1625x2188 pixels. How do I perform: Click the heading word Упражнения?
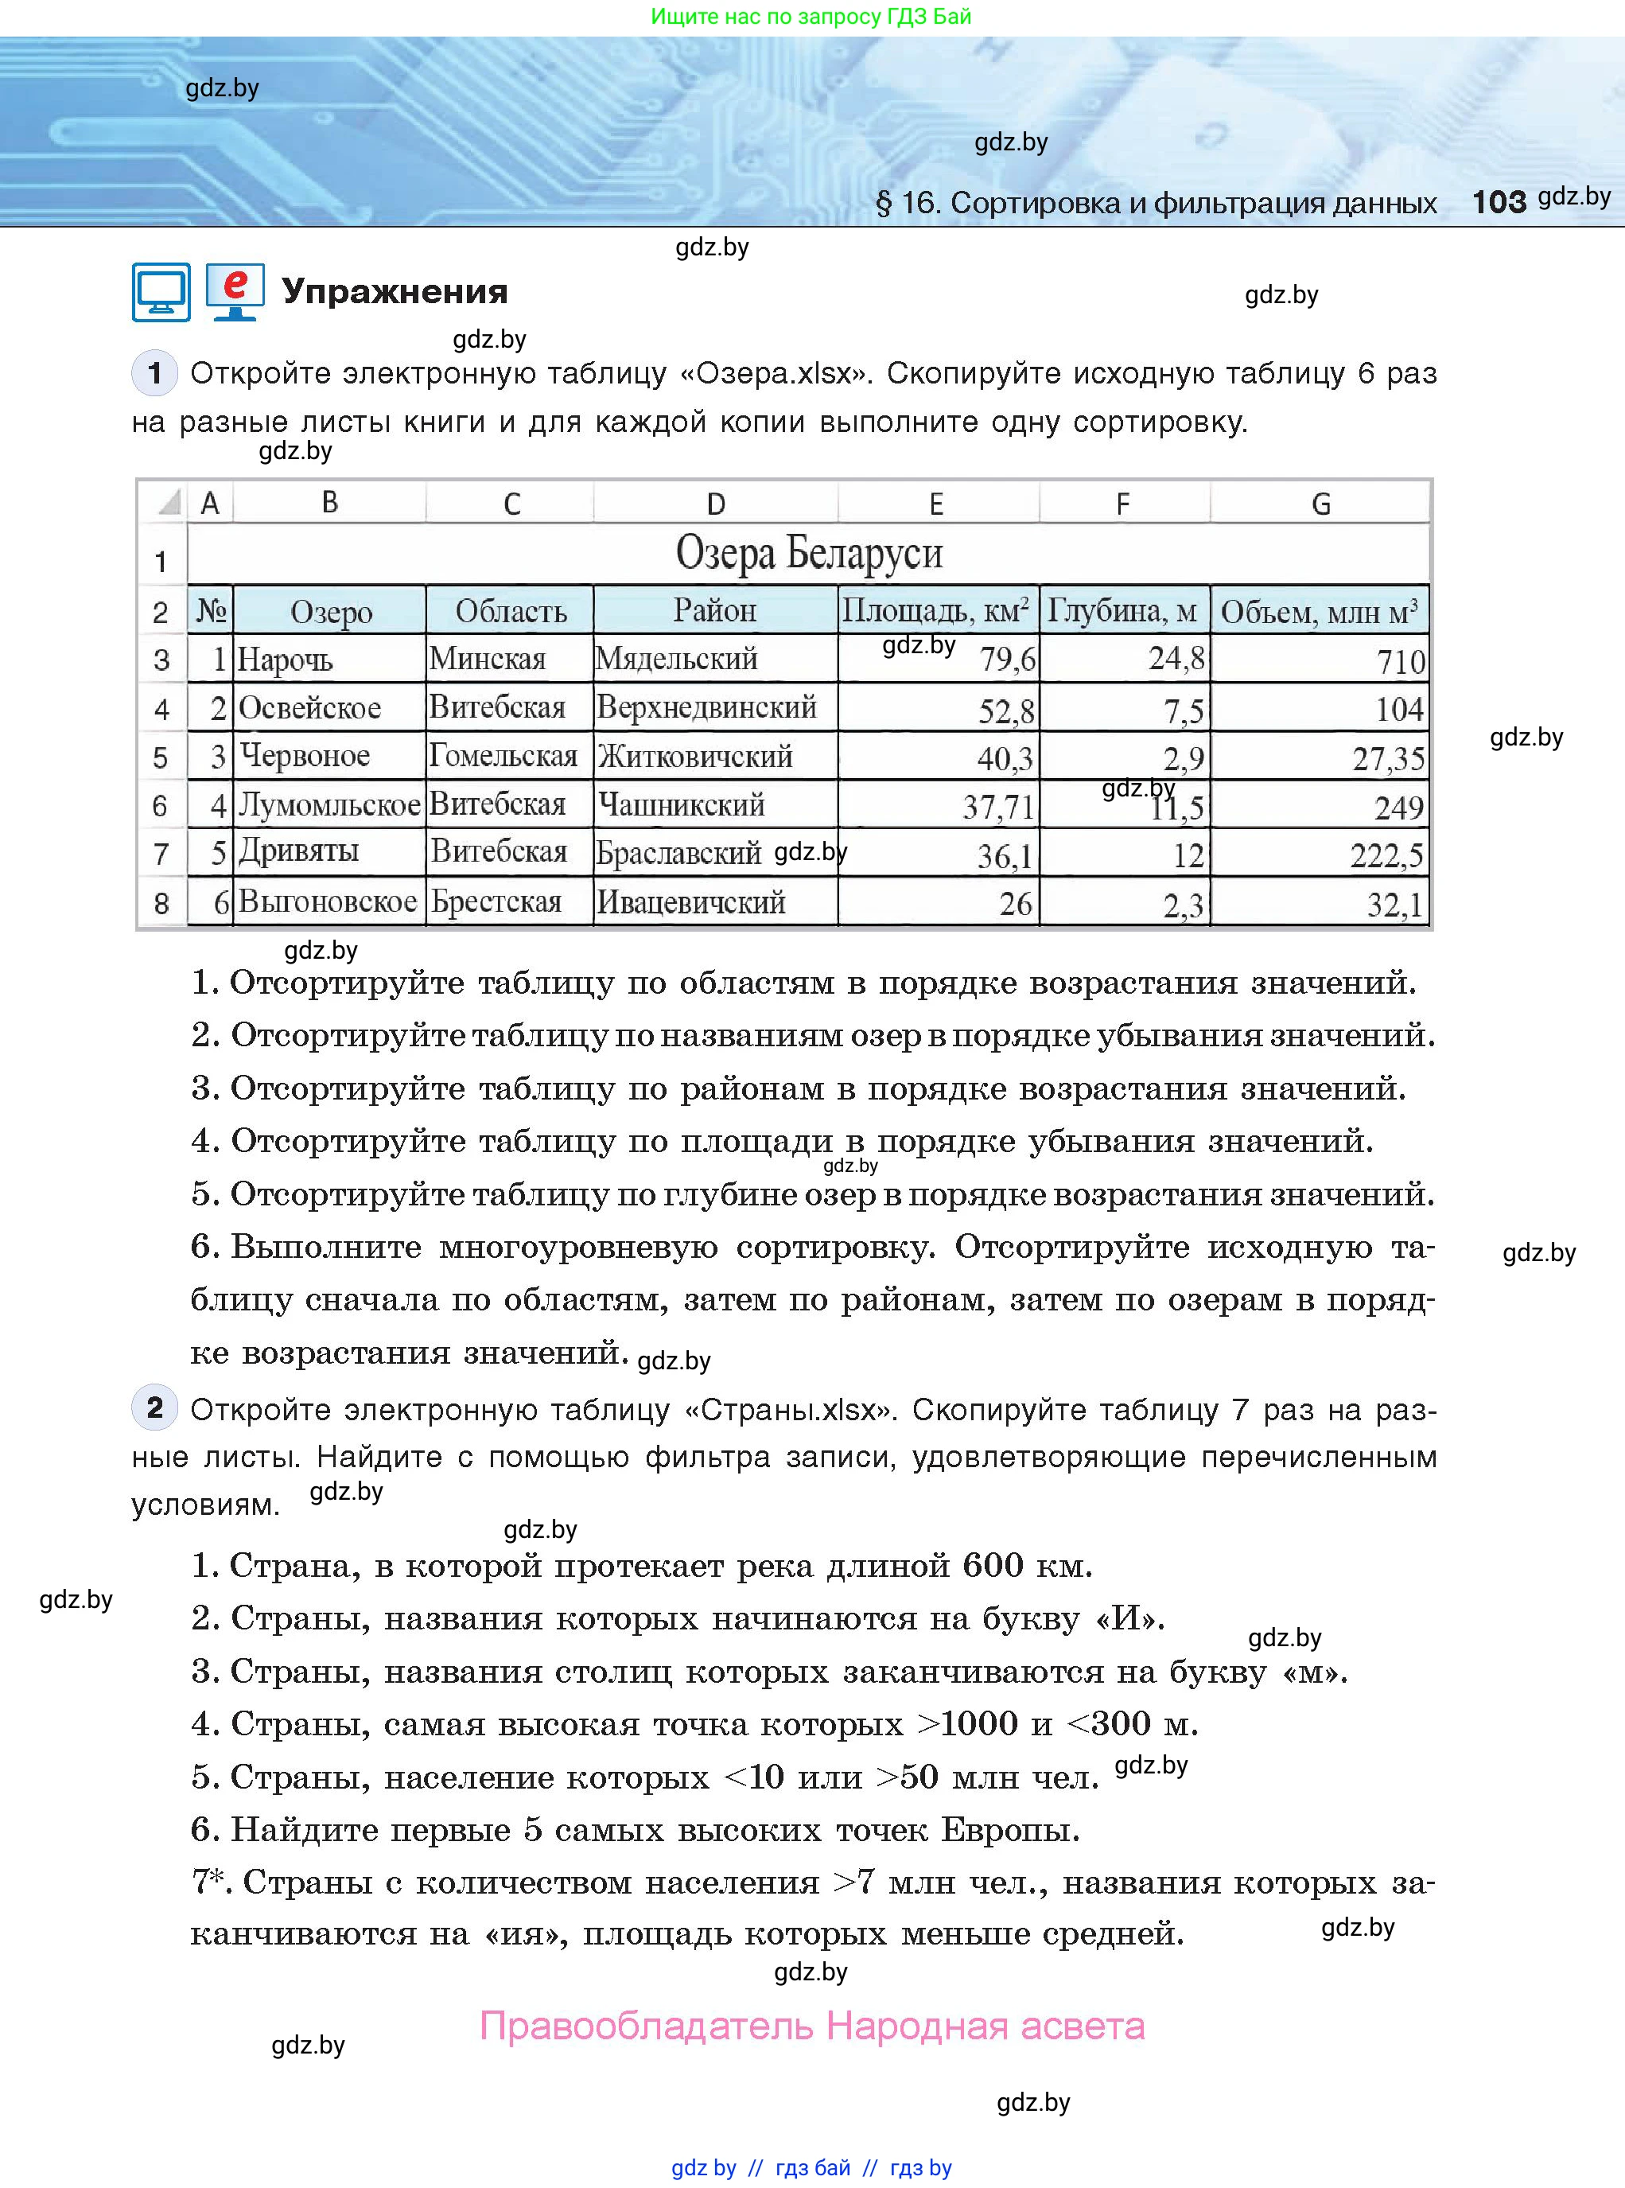(x=395, y=291)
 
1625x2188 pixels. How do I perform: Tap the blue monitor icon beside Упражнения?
(x=161, y=292)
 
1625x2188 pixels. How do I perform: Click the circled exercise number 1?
(x=154, y=373)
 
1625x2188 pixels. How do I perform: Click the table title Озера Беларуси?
(x=809, y=553)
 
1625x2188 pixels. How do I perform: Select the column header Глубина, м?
(x=1122, y=611)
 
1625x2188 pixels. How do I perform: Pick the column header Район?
(x=714, y=611)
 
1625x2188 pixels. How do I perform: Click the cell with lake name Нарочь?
(x=286, y=659)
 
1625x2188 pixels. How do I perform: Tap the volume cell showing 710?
(x=1400, y=661)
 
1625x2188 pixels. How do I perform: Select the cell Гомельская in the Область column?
(x=503, y=756)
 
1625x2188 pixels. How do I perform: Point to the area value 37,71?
(x=997, y=807)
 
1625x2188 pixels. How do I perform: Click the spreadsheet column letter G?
(x=1320, y=504)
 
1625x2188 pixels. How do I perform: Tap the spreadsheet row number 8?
(x=161, y=903)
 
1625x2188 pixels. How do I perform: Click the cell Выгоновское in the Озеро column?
(x=328, y=901)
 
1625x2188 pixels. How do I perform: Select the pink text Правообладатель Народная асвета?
(x=811, y=2026)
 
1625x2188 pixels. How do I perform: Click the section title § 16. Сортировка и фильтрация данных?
(x=1156, y=203)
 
